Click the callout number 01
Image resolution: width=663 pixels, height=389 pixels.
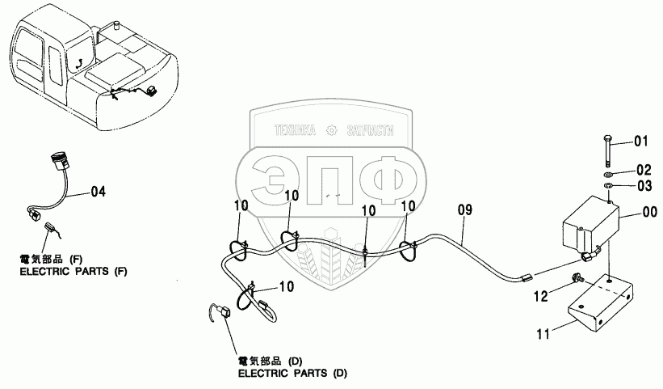[640, 142]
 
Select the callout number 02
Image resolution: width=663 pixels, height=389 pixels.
[642, 170]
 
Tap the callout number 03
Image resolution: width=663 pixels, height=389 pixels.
[642, 186]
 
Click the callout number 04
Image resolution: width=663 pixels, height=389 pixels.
[97, 192]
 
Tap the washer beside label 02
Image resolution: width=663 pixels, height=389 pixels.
[607, 173]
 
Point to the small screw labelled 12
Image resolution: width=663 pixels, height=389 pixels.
[576, 279]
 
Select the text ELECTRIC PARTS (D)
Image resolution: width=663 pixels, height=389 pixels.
[292, 374]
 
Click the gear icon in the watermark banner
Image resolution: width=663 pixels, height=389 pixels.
[331, 129]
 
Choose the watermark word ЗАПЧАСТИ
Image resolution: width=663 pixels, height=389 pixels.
[368, 129]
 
